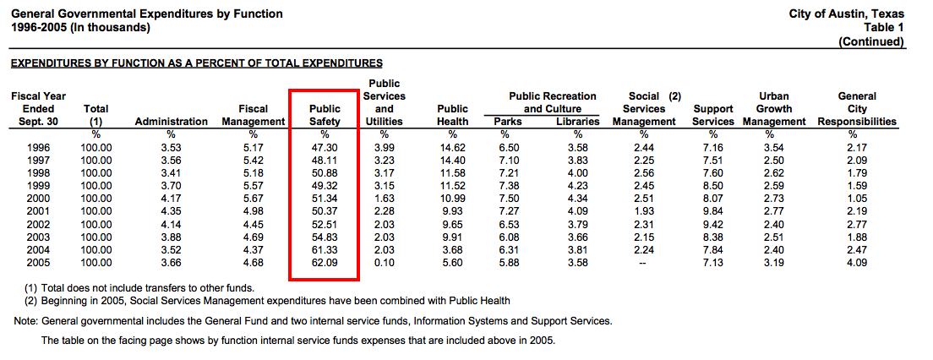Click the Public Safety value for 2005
tap(325, 264)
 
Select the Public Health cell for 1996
tap(453, 148)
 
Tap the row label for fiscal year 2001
tap(40, 212)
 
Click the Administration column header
tap(171, 122)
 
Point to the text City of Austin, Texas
tap(846, 14)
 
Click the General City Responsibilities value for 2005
tap(857, 264)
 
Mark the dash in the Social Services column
tap(644, 264)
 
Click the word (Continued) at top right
tap(870, 41)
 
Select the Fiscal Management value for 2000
tap(254, 199)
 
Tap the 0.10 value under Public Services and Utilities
tap(384, 264)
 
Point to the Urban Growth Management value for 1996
tap(774, 148)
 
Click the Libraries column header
tap(578, 122)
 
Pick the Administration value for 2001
tap(171, 212)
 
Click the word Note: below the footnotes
tap(26, 322)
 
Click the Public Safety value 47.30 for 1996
tap(325, 148)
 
